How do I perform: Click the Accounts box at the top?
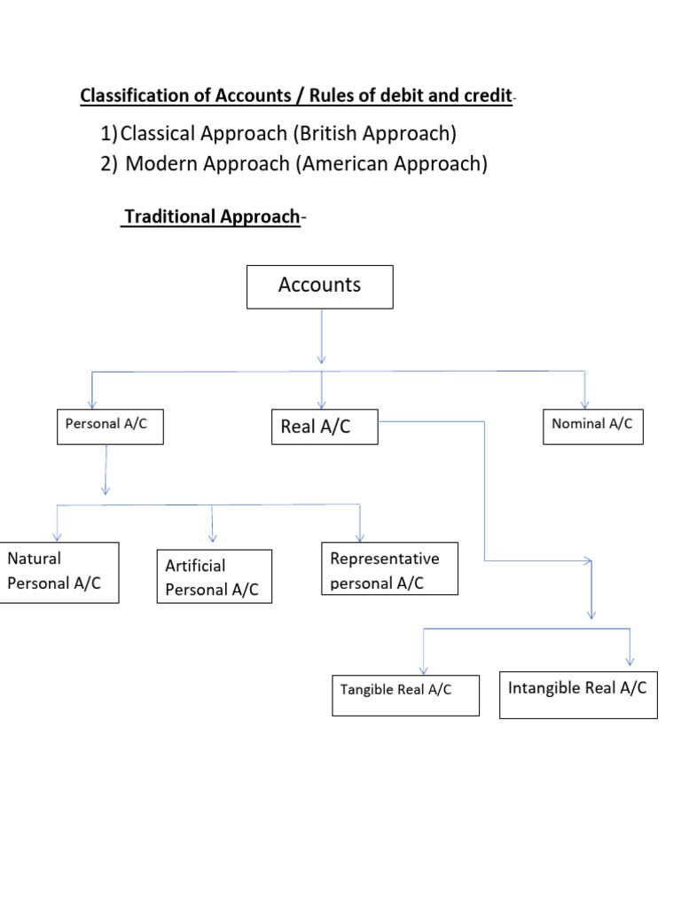point(319,286)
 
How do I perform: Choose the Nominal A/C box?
point(592,425)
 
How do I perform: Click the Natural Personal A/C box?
point(59,572)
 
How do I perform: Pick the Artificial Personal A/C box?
point(214,576)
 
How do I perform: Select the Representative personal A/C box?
point(390,568)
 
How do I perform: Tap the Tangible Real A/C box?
point(405,694)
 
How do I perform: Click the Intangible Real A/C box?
point(578,693)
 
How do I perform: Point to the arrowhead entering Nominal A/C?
point(584,403)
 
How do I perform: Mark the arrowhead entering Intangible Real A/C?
point(630,659)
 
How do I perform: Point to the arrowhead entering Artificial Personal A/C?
point(213,536)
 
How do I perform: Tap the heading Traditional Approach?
point(211,217)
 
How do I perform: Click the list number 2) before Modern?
point(109,164)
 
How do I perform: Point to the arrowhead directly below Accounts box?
point(321,357)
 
